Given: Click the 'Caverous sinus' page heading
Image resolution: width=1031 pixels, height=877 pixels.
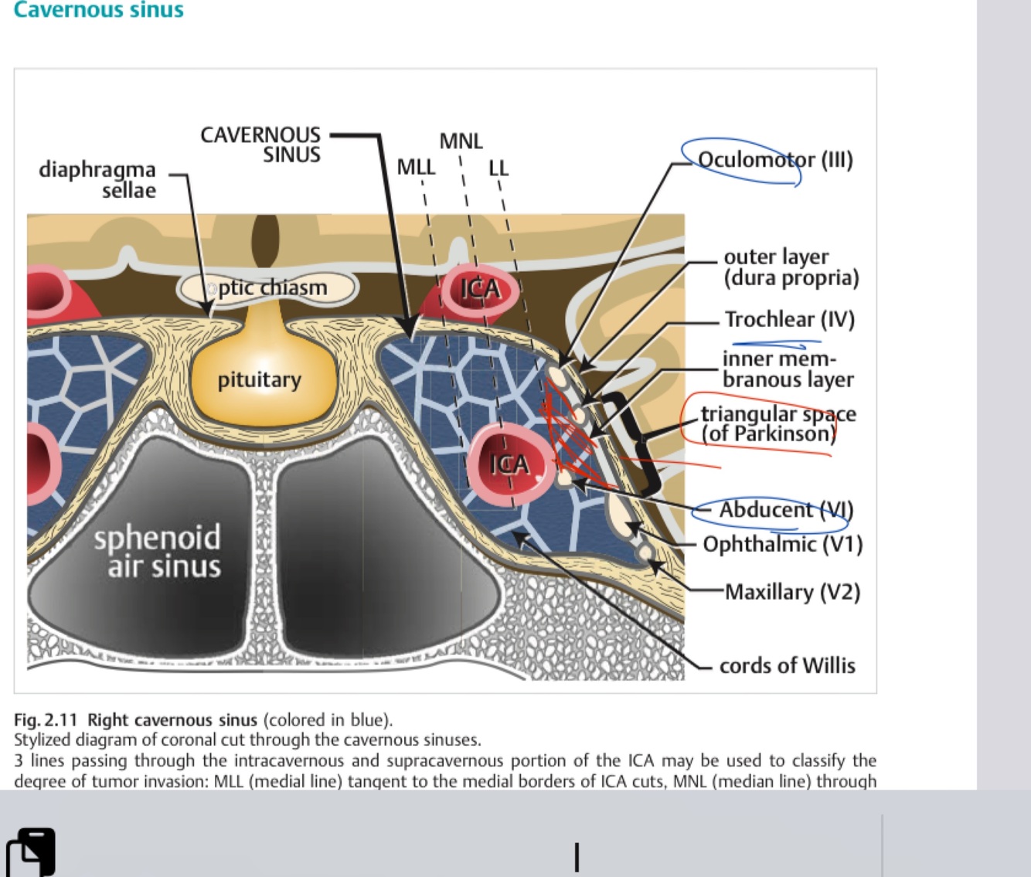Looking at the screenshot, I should pos(98,10).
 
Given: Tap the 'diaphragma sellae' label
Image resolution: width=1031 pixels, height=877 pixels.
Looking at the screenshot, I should pos(97,179).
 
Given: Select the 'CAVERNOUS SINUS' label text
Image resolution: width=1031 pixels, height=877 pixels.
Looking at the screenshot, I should pos(260,144).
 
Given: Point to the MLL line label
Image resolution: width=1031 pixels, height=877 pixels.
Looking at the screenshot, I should pos(416,167).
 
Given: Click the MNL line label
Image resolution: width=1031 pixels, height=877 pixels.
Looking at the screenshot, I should pos(461,141).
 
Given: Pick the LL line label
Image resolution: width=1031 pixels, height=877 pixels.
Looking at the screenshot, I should pos(498,168).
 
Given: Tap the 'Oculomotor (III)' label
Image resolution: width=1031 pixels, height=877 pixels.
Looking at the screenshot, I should pos(774,160).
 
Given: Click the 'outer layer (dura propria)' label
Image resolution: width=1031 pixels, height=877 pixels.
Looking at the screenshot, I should pos(791,267).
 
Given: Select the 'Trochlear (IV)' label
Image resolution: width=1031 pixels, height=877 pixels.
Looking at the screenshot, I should pos(789,319).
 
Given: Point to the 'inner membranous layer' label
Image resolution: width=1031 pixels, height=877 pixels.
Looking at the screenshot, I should pos(788,369).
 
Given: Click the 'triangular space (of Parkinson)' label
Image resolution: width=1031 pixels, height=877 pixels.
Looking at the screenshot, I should pos(778,423).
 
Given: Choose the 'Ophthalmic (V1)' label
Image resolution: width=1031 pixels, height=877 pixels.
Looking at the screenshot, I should pos(782,544).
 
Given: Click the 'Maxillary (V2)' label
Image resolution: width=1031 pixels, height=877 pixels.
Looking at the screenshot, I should pos(792,592).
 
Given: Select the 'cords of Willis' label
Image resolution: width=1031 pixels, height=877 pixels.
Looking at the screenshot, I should pos(787,665).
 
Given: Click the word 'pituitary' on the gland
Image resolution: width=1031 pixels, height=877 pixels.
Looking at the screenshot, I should pos(259,379).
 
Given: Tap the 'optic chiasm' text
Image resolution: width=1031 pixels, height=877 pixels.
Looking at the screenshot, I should pos(272,287).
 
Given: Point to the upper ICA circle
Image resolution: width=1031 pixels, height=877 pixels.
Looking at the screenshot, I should pos(480,289).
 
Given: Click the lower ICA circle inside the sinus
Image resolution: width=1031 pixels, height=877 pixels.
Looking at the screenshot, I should pos(509,464).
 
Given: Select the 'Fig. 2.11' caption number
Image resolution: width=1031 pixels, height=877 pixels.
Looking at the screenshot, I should pos(46,720).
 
